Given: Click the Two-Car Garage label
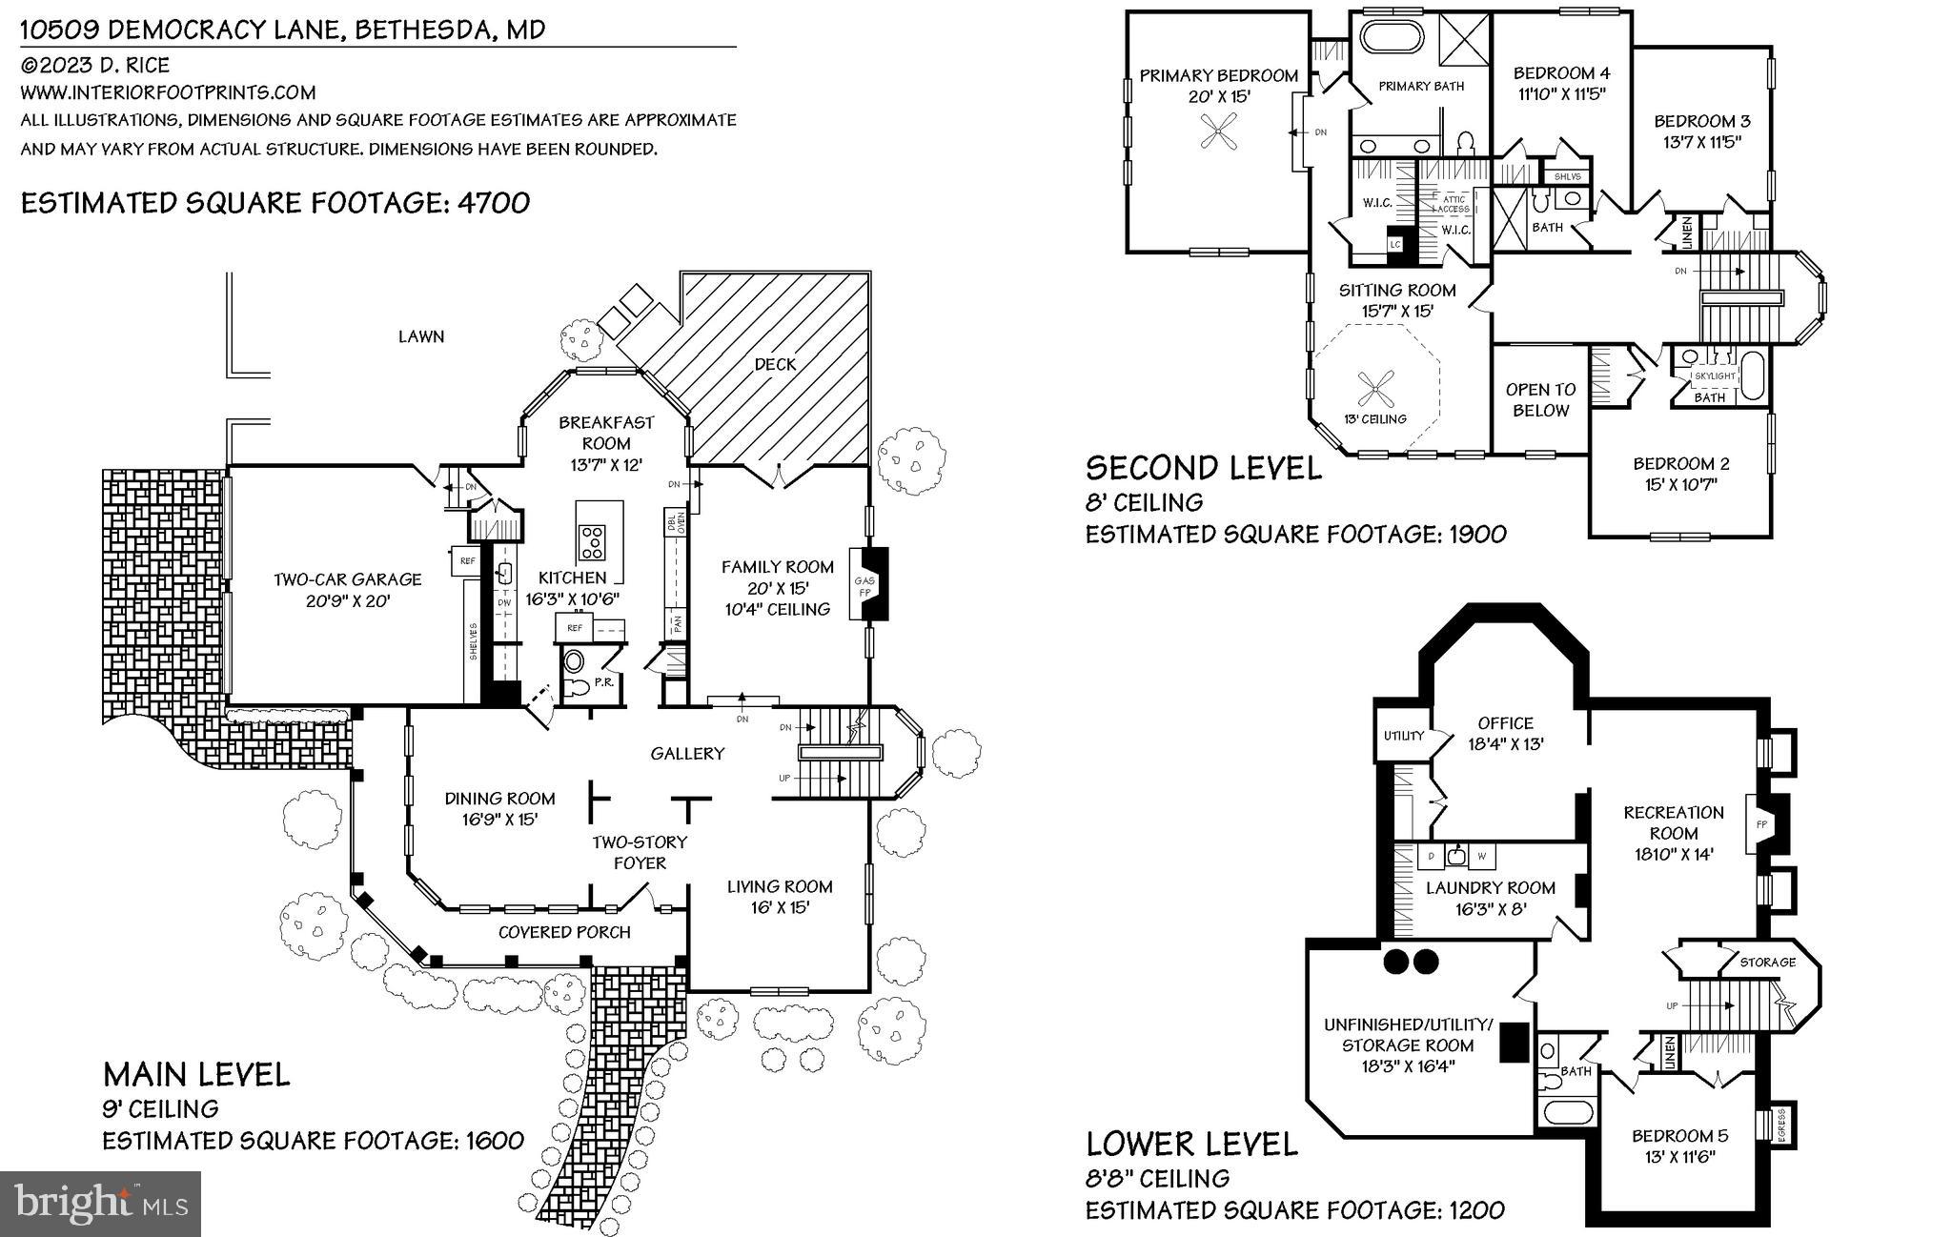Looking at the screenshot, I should [x=347, y=579].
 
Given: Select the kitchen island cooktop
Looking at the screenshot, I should [x=592, y=542].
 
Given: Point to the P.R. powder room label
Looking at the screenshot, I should [x=603, y=682].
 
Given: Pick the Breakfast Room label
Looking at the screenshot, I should [x=606, y=433].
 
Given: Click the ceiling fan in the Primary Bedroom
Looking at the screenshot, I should [x=1219, y=132].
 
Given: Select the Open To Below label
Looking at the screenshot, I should [x=1540, y=400].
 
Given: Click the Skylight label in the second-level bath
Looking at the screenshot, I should [x=1714, y=376].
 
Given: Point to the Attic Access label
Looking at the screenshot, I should [x=1454, y=204].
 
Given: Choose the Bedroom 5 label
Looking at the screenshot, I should [x=1679, y=1136].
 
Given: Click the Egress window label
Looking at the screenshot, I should [x=1779, y=1125].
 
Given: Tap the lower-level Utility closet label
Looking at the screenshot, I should [x=1403, y=736].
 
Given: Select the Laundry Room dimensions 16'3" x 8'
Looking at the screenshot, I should [x=1490, y=909].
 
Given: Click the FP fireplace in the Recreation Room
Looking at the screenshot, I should [x=1762, y=824].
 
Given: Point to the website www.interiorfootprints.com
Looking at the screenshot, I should [x=168, y=92].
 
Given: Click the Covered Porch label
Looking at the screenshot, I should [x=564, y=932].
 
